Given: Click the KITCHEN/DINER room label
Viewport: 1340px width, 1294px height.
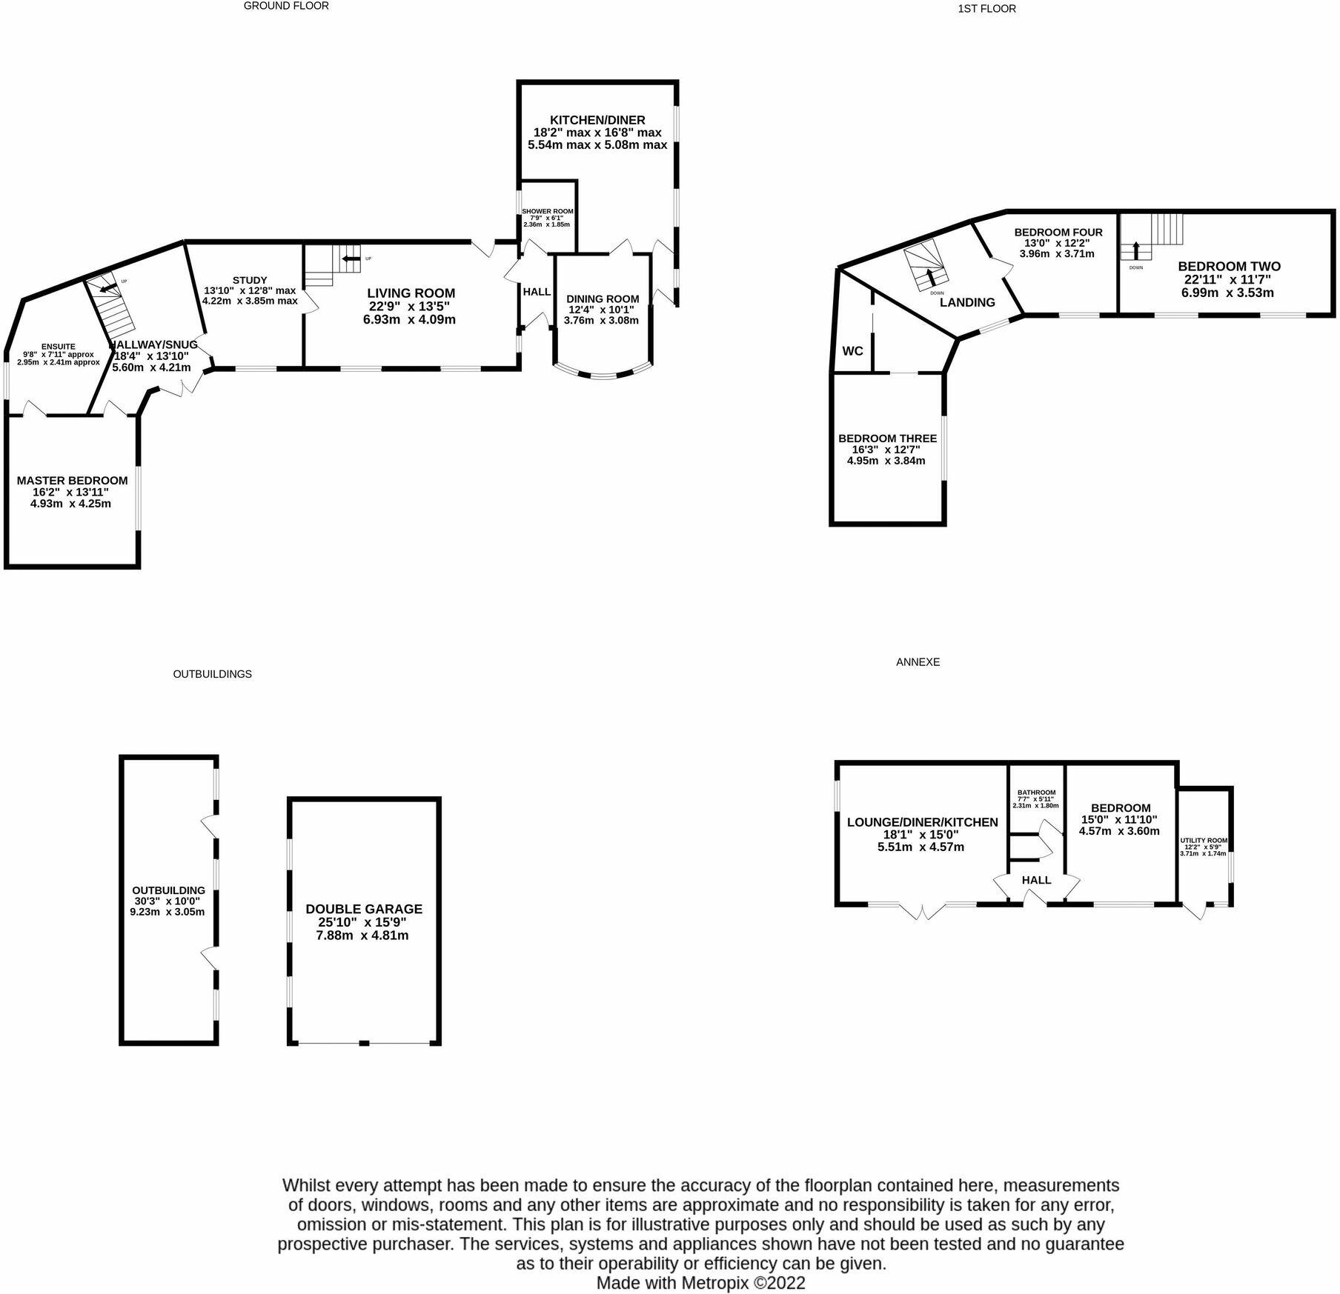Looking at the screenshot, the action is click(x=597, y=120).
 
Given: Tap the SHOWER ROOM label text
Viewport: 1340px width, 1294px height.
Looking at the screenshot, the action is click(x=547, y=211).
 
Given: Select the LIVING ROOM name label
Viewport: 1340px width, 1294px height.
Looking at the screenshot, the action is click(x=411, y=293).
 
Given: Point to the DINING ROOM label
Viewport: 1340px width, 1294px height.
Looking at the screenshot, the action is click(x=603, y=299).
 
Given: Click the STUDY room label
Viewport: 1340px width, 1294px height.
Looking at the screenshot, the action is click(x=250, y=280).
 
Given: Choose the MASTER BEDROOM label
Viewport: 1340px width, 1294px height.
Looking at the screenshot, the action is click(x=72, y=481).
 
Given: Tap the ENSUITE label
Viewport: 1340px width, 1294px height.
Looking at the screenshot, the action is click(x=58, y=346).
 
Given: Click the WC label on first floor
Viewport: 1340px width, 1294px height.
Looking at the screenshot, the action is click(x=852, y=351).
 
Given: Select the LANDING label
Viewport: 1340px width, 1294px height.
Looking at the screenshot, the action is click(x=967, y=302).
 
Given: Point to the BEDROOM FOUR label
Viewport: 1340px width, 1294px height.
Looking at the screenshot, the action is click(x=1058, y=233).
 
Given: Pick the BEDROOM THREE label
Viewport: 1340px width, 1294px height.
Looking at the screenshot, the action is click(x=887, y=438).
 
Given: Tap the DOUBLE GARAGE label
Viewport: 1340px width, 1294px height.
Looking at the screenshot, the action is click(x=364, y=909).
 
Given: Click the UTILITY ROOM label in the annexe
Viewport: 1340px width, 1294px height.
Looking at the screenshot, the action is click(x=1204, y=841).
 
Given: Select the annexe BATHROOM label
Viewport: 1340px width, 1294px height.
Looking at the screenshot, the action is click(x=1036, y=793).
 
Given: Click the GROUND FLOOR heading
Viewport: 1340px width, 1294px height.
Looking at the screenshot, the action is click(x=286, y=6).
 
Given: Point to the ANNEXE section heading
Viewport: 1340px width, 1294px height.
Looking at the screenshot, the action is click(x=918, y=662).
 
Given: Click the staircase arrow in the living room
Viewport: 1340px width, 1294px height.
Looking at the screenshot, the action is click(x=351, y=259).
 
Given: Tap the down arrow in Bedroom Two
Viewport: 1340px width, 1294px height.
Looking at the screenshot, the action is click(x=1135, y=249).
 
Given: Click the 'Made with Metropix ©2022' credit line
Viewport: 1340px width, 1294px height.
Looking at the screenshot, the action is click(x=700, y=1282).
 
